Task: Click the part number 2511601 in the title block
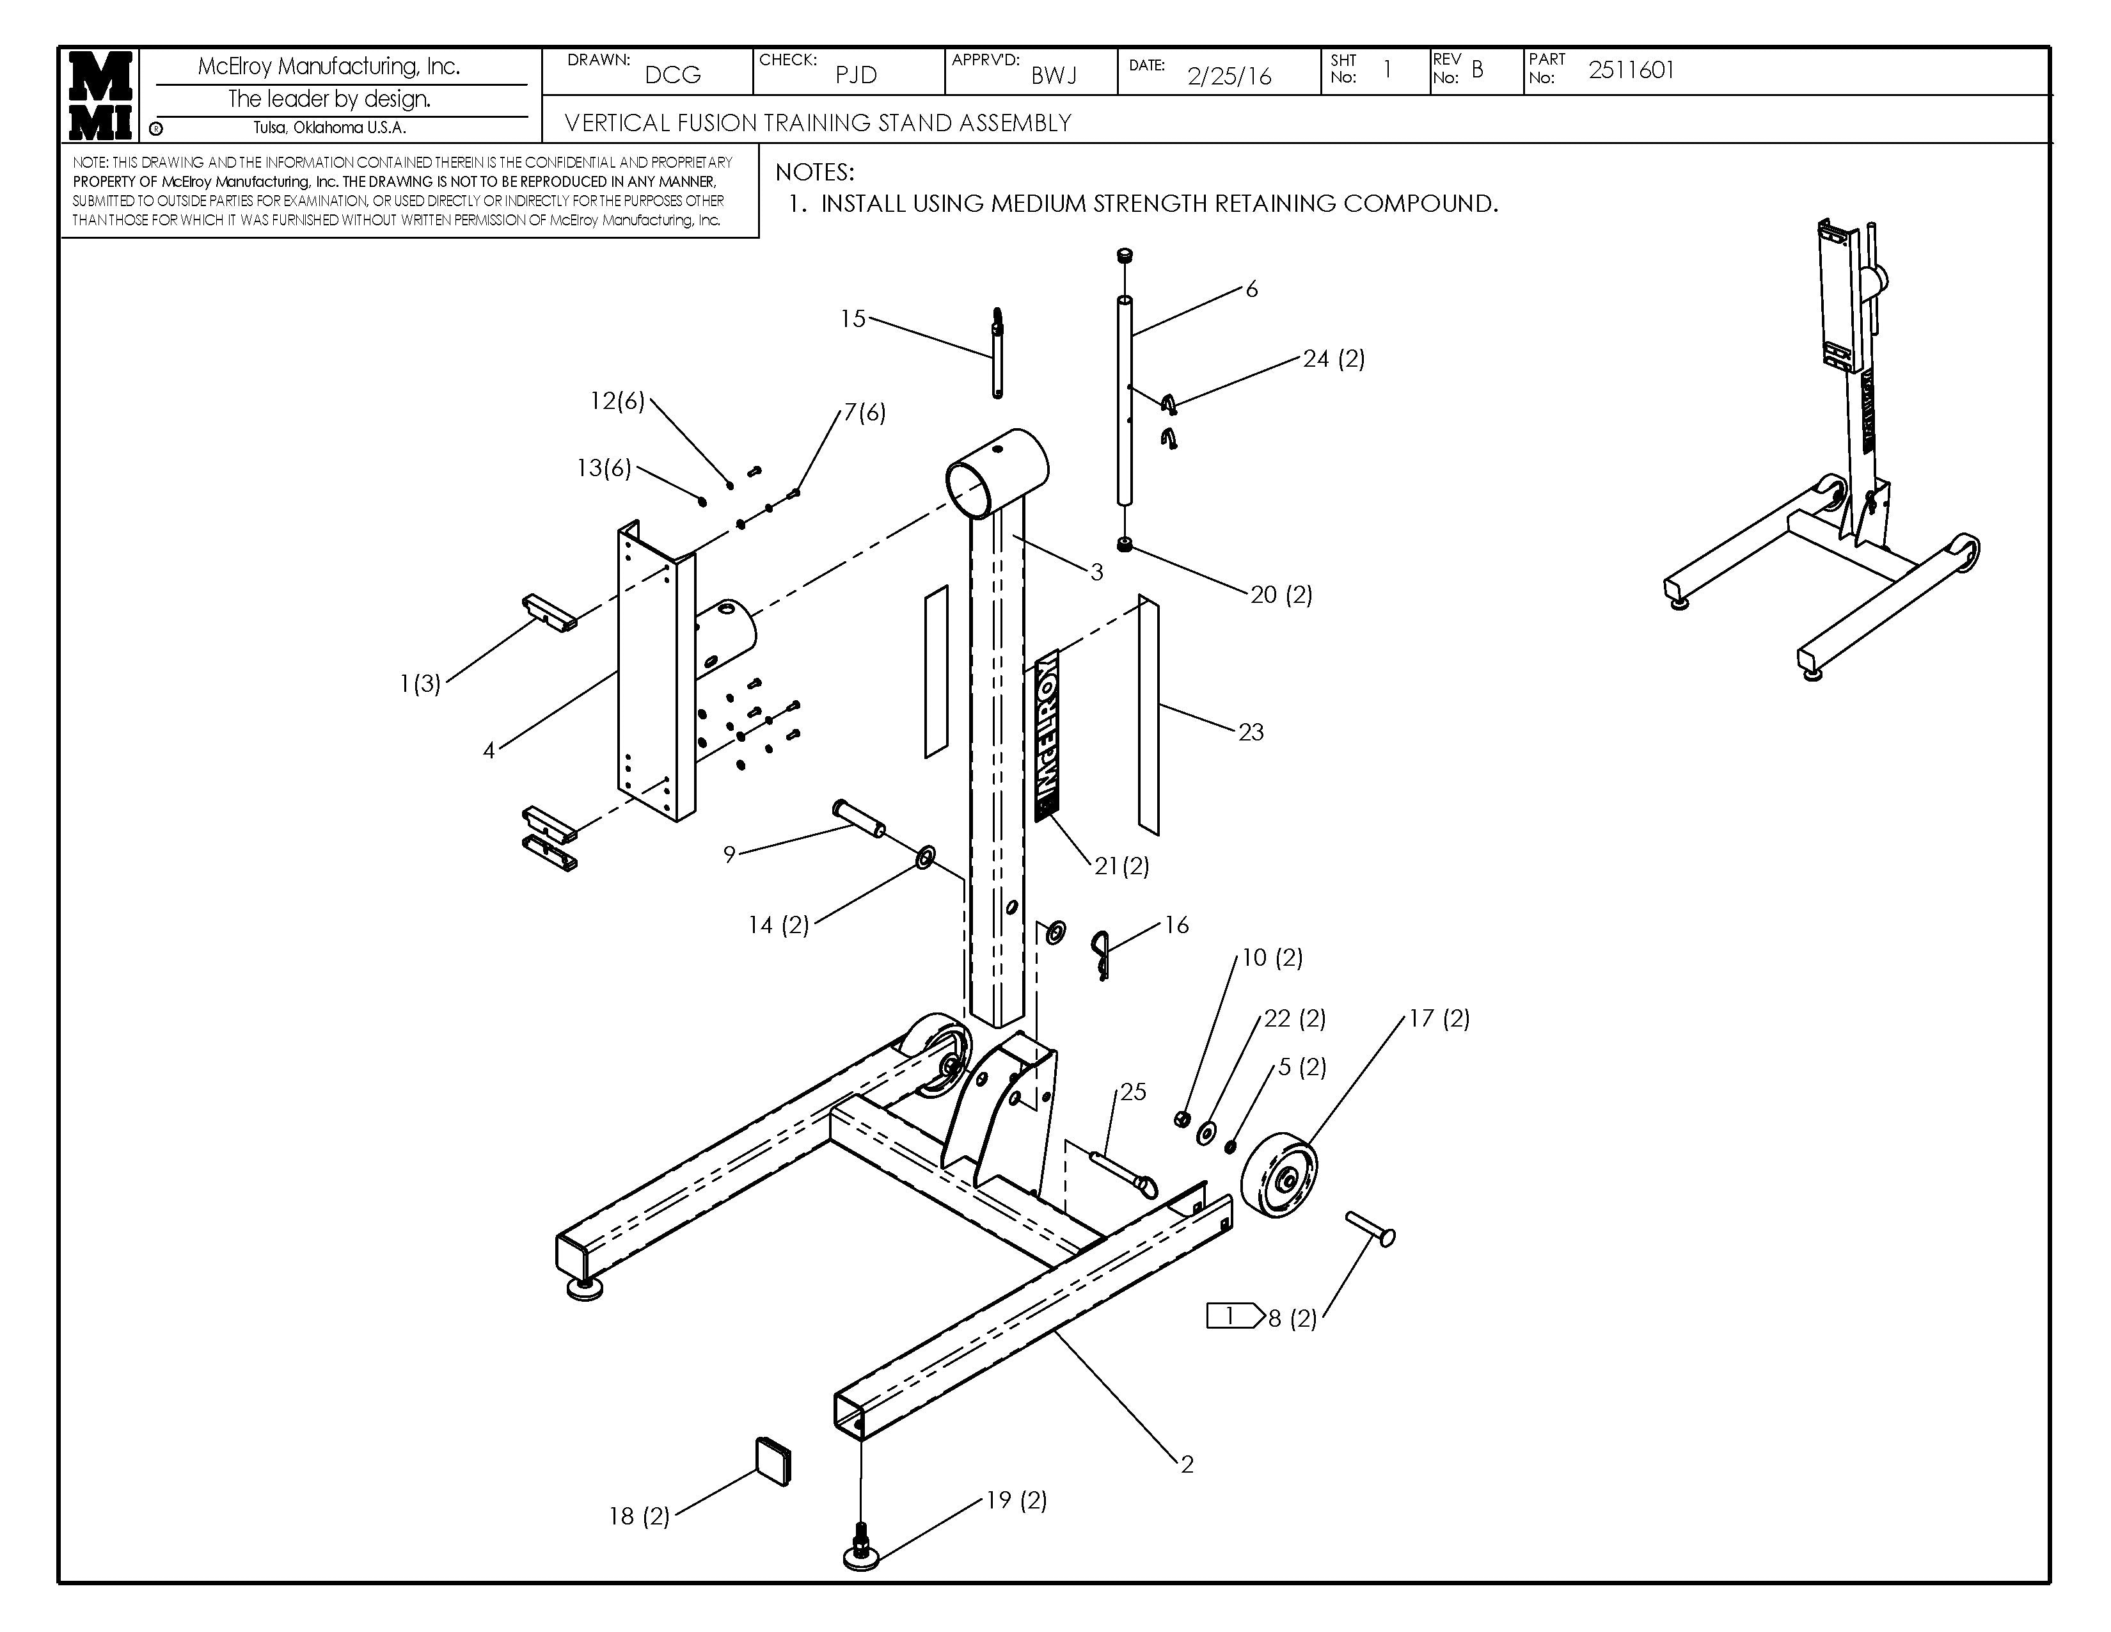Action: pos(1632,70)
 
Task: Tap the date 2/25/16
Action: pos(1229,76)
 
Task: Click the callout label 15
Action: pos(853,319)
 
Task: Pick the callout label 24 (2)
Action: pos(1334,358)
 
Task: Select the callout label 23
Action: pos(1251,732)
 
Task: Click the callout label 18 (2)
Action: pos(639,1516)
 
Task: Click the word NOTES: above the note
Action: pos(815,172)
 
